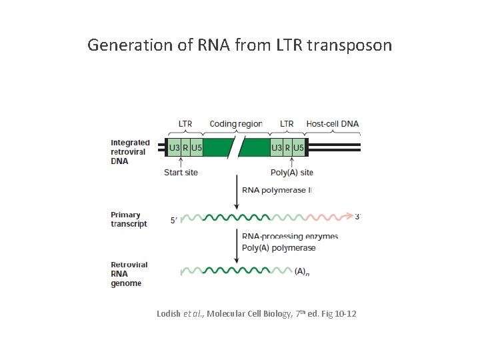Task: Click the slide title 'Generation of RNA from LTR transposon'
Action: tap(240, 45)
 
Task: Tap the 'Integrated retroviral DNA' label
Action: tap(130, 152)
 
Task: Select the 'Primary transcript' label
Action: tap(129, 219)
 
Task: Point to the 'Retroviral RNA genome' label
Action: tap(129, 274)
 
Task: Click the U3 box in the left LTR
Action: tap(174, 147)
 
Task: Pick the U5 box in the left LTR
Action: tap(196, 147)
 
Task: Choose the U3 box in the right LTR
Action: tap(276, 147)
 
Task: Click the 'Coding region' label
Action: tap(236, 124)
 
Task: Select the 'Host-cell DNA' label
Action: tap(332, 124)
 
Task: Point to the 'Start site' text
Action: tap(181, 173)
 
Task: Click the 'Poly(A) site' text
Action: tap(291, 173)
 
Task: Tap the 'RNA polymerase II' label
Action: tap(276, 191)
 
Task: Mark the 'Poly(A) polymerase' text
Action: tap(279, 247)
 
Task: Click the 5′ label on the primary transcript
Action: tap(175, 221)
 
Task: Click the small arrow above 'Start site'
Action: tap(181, 162)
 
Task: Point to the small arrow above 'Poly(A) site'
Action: tap(291, 162)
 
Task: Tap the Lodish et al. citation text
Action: tap(256, 313)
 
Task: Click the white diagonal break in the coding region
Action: tap(235, 147)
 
